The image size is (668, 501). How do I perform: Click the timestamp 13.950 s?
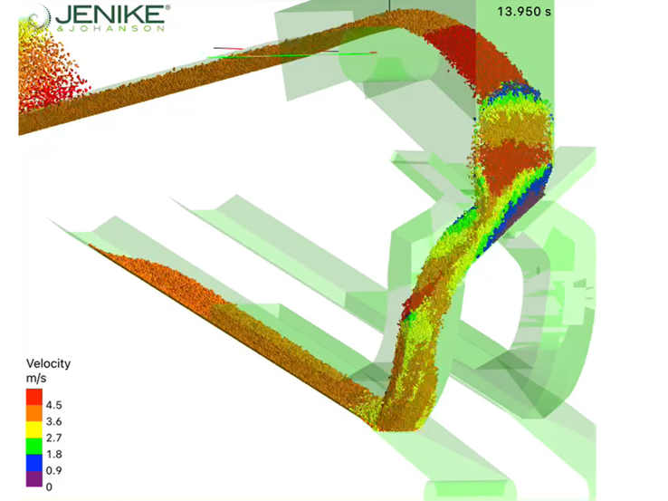click(x=524, y=12)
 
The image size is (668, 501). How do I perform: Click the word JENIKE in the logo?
click(x=110, y=14)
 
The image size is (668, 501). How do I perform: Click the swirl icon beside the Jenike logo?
click(x=39, y=18)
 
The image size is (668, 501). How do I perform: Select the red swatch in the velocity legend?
click(x=34, y=397)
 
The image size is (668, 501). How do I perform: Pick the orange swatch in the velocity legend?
click(x=34, y=413)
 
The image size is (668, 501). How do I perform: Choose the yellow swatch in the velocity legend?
click(x=34, y=429)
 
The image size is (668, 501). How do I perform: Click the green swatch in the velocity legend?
click(x=34, y=446)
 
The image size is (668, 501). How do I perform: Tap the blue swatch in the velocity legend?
click(x=34, y=462)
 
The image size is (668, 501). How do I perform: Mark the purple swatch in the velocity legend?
click(x=34, y=478)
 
